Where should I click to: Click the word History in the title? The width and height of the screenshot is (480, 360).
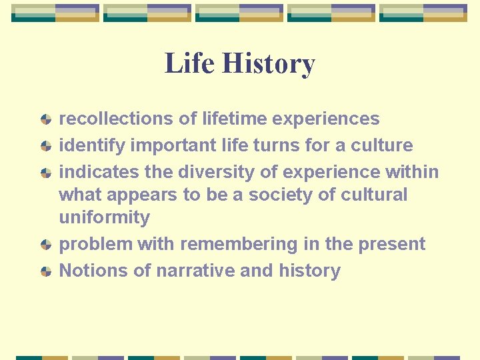pos(268,64)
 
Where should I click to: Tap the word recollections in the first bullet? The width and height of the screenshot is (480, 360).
pos(117,119)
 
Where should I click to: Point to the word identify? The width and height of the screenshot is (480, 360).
pos(93,145)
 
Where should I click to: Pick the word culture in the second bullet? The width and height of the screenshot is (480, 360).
pos(386,145)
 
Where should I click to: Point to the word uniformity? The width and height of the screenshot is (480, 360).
pos(105,217)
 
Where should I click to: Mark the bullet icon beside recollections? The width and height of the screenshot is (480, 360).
pos(45,119)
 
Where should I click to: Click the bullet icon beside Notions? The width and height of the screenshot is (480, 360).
pos(45,271)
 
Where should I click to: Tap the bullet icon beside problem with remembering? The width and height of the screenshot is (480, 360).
pos(45,245)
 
